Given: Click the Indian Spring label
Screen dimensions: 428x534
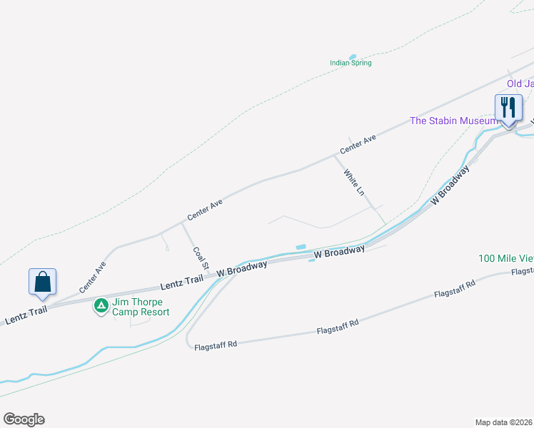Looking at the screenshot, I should click(x=351, y=63).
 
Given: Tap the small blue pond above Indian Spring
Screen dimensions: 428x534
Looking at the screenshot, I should click(x=352, y=56).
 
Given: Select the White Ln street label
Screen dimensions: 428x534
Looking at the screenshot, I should click(x=354, y=182).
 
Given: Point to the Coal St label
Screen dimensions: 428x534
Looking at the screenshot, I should click(x=201, y=258).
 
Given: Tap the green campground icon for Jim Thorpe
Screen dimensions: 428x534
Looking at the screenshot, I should click(x=101, y=306).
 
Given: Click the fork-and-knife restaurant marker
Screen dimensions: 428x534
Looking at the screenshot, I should click(x=508, y=108).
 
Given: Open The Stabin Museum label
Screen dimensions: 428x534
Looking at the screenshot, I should click(x=453, y=121).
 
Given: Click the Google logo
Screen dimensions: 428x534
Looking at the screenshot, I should click(x=24, y=419).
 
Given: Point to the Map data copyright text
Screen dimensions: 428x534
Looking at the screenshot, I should click(x=504, y=422).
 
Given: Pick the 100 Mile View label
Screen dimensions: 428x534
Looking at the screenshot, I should click(x=506, y=258).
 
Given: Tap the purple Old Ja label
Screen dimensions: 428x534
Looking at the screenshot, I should click(x=520, y=83).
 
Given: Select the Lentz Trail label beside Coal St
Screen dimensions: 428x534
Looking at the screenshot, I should click(x=182, y=282).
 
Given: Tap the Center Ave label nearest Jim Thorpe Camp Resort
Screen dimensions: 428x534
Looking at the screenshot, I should click(x=93, y=277).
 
